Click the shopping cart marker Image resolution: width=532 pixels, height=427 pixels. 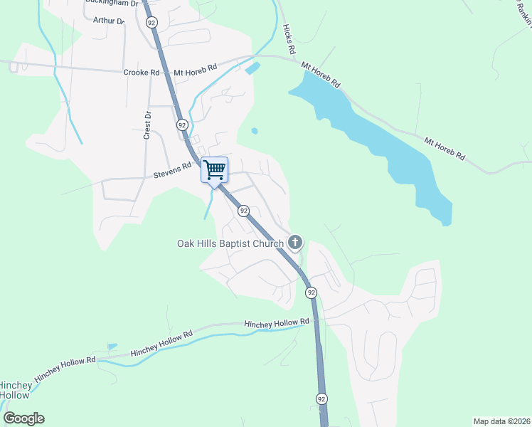[214, 170]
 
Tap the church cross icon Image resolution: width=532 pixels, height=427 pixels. [295, 243]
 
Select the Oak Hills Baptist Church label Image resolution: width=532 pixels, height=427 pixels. [230, 243]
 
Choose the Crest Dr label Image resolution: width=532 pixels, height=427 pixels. [148, 125]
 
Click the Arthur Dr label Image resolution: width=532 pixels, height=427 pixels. [109, 21]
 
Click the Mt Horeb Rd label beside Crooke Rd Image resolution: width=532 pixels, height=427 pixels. [195, 73]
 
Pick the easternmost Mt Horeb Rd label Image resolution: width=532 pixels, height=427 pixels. [445, 149]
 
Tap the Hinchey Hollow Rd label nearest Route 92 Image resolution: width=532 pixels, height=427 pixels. [277, 323]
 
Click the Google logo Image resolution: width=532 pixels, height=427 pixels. [23, 418]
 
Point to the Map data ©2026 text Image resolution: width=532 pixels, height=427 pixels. [501, 421]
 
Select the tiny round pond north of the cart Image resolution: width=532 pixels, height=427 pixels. [255, 130]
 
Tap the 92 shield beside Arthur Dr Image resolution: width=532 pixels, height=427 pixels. [151, 23]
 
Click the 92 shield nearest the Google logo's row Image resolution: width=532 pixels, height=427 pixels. [322, 399]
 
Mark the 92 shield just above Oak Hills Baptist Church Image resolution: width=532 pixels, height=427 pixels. [243, 211]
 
